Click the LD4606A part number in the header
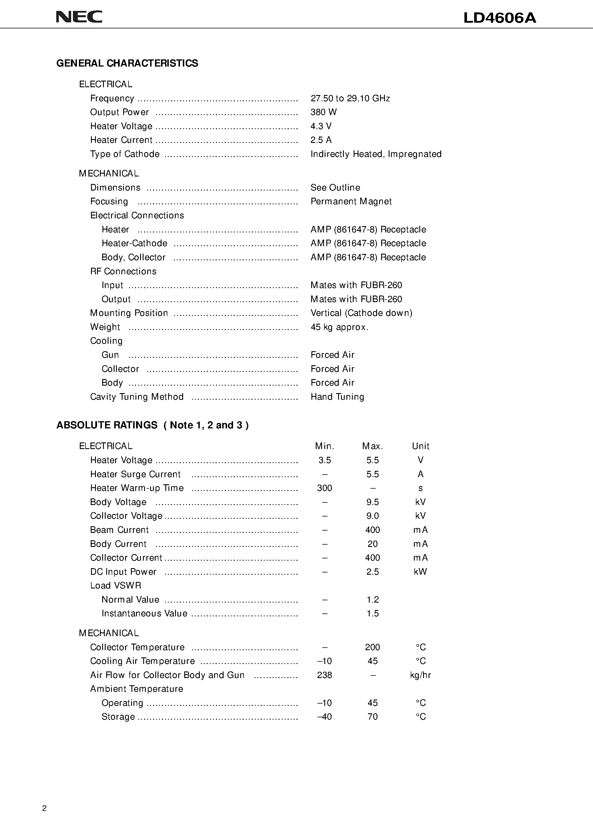499,18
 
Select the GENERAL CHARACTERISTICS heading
127,63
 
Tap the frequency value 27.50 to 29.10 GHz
350,98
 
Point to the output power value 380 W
323,112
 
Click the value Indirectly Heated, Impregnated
376,154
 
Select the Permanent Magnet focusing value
351,201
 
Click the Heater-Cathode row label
134,243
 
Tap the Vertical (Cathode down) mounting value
361,313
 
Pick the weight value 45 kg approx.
339,327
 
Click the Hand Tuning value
337,397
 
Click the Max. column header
372,446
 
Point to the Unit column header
420,446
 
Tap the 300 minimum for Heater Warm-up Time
324,488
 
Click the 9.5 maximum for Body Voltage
372,502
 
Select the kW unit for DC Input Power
420,572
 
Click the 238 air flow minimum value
324,675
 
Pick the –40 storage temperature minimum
324,716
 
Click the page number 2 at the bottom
44,808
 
